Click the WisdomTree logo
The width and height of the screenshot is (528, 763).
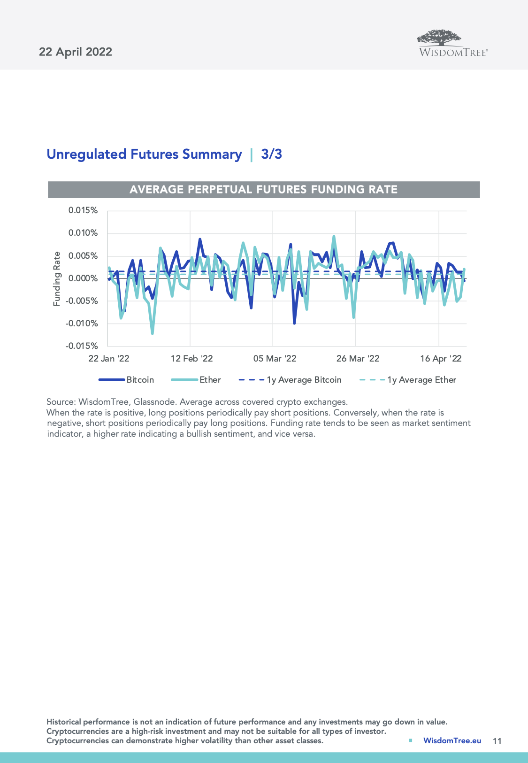pos(453,44)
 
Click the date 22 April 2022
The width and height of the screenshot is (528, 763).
pos(76,52)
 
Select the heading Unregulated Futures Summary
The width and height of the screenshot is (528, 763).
pos(144,154)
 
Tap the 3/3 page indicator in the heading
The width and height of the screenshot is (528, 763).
pos(271,154)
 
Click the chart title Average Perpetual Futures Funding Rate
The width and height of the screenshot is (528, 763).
pos(263,190)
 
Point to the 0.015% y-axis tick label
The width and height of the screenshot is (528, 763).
pos(83,210)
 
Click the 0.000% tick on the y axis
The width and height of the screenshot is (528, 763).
pos(83,278)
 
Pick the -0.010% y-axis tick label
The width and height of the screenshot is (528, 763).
pos(82,324)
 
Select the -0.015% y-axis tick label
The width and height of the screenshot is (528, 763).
pos(82,346)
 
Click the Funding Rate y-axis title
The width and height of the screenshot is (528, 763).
pos(57,278)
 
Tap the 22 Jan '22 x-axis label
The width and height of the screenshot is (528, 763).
pos(109,359)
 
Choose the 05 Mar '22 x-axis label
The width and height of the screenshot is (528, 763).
pos(275,359)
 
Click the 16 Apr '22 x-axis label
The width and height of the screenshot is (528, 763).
pos(441,359)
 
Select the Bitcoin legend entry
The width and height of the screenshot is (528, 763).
pos(140,380)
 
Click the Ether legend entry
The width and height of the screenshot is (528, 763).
pos(210,380)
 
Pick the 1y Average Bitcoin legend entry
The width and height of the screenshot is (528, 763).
pos(304,380)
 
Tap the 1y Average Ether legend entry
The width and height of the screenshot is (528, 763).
pos(421,380)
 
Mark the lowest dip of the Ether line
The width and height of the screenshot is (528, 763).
pos(153,333)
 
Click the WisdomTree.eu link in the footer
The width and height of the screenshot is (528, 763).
pos(452,740)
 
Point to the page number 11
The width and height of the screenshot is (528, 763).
pos(497,741)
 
